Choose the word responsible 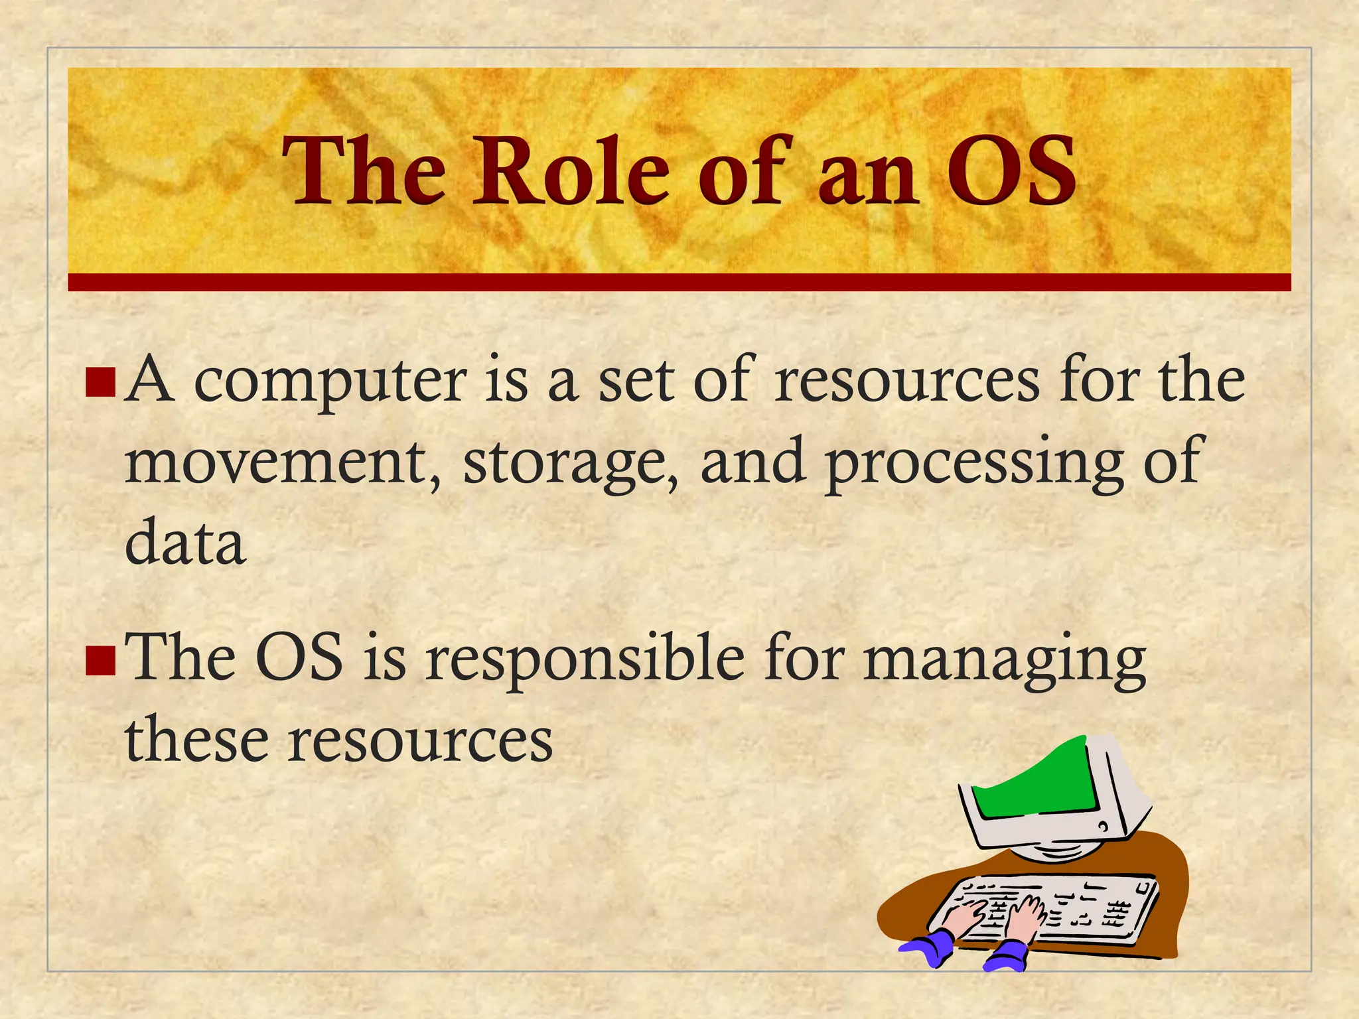tap(585, 661)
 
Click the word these tap(196, 740)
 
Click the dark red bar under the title tap(679, 282)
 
